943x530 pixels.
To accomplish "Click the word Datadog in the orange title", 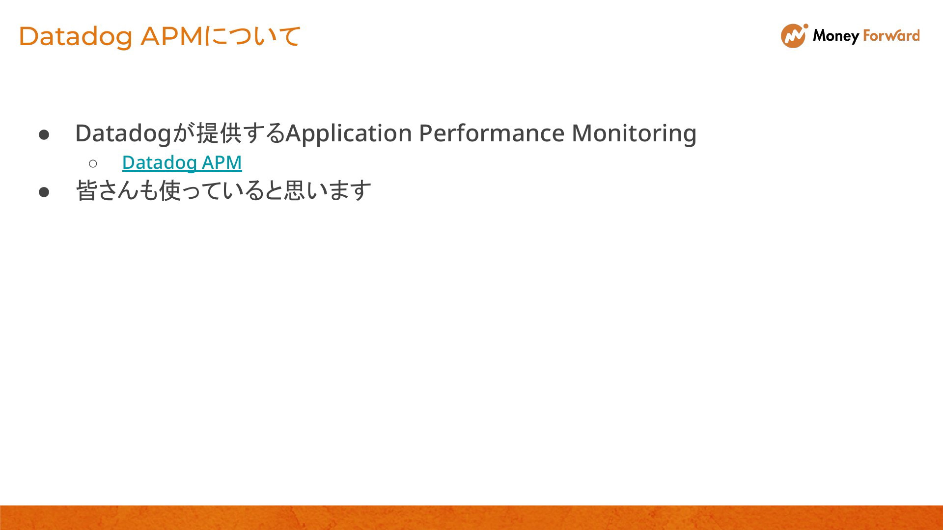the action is [76, 37].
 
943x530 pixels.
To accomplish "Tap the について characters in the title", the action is [251, 36].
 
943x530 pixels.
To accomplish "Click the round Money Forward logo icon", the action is [793, 36].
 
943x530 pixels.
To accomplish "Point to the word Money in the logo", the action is [835, 36].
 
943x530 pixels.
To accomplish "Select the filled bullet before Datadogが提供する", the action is [44, 134].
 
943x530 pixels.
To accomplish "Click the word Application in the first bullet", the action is [349, 133].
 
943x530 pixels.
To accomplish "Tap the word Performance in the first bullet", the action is [492, 133].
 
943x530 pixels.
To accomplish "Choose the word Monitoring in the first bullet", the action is [634, 133].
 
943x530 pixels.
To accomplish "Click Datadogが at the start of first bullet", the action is [135, 133].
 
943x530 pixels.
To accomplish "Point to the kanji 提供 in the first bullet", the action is [219, 133].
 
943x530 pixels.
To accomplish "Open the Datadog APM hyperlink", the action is [182, 162].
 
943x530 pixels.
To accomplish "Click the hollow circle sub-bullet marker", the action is [93, 163].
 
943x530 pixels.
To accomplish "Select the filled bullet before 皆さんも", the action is [44, 192].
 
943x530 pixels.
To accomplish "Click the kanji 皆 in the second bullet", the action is [86, 190].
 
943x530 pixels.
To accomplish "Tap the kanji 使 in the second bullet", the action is [169, 190].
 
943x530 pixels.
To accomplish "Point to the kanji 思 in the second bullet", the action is [294, 190].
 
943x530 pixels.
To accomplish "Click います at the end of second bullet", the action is [339, 190].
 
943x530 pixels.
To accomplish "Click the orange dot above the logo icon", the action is [805, 26].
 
